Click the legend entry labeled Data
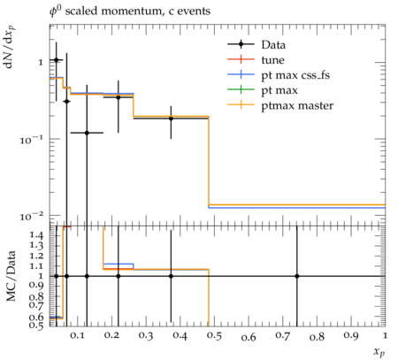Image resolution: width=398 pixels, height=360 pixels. click(x=273, y=45)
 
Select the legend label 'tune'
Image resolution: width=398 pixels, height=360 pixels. click(x=272, y=60)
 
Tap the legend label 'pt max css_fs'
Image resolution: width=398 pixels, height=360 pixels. click(x=295, y=75)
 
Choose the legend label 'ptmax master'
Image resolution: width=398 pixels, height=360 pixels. click(x=297, y=105)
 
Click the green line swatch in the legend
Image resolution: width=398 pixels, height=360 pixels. click(x=241, y=89)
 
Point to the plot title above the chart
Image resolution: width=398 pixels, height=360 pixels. click(x=130, y=11)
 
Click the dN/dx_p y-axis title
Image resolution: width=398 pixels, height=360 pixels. click(x=10, y=48)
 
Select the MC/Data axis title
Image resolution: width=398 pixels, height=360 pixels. click(x=11, y=276)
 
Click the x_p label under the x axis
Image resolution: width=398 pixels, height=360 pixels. click(x=379, y=351)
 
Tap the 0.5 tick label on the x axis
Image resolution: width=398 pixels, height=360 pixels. click(x=215, y=336)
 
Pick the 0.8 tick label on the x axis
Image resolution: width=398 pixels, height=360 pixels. click(x=317, y=336)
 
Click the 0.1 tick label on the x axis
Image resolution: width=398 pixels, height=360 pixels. click(x=77, y=335)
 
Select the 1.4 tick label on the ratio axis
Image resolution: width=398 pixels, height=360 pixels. click(x=36, y=235)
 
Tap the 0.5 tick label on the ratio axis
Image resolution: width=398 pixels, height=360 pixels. click(x=36, y=325)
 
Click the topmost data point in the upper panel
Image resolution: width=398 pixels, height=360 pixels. click(x=57, y=60)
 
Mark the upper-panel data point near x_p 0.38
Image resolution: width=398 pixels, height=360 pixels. click(x=171, y=119)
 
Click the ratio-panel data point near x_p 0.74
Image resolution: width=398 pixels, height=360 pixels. click(x=297, y=276)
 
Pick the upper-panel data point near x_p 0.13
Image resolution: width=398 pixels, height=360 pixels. click(x=87, y=133)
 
